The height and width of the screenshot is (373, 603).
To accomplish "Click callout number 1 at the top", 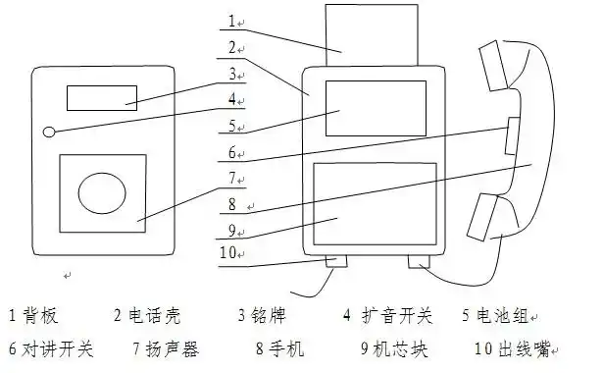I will coord(231,21).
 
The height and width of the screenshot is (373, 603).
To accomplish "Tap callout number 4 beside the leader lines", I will coord(231,99).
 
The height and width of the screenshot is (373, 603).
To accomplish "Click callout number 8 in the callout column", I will coord(231,204).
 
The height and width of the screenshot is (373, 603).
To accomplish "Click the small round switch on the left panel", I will coord(48,132).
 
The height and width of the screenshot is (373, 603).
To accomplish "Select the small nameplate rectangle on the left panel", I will coord(101,96).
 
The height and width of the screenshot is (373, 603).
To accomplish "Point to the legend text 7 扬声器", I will coord(166,347).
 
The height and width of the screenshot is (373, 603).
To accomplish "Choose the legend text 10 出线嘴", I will coord(510,347).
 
